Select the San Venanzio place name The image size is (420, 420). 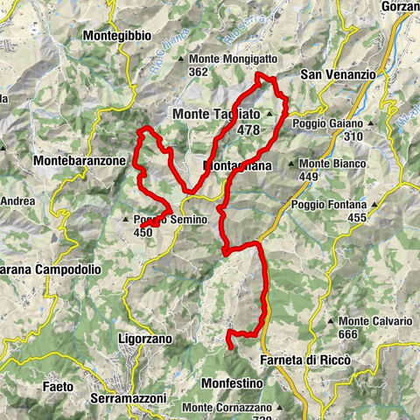click(338, 75)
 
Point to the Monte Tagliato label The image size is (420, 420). click(216, 115)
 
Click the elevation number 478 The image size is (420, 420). click(248, 129)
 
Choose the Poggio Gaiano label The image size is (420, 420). click(328, 123)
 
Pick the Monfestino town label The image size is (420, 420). click(232, 382)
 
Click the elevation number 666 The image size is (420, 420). click(352, 334)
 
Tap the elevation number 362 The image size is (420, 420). click(199, 72)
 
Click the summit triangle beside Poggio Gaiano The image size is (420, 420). click(371, 123)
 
